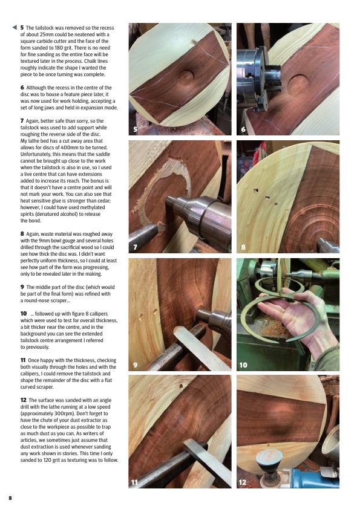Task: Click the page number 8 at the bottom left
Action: pos(10,498)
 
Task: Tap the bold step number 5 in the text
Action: pos(22,28)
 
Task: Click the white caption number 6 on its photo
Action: pos(243,129)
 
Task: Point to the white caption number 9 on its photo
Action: pos(135,365)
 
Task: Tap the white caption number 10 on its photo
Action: pos(243,365)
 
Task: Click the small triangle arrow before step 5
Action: pos(15,27)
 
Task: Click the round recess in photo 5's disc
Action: pos(186,77)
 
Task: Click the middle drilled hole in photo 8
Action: pos(267,197)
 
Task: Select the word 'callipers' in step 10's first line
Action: pos(98,314)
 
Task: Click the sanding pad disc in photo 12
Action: pos(269,457)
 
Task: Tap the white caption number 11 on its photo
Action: pos(134,482)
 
